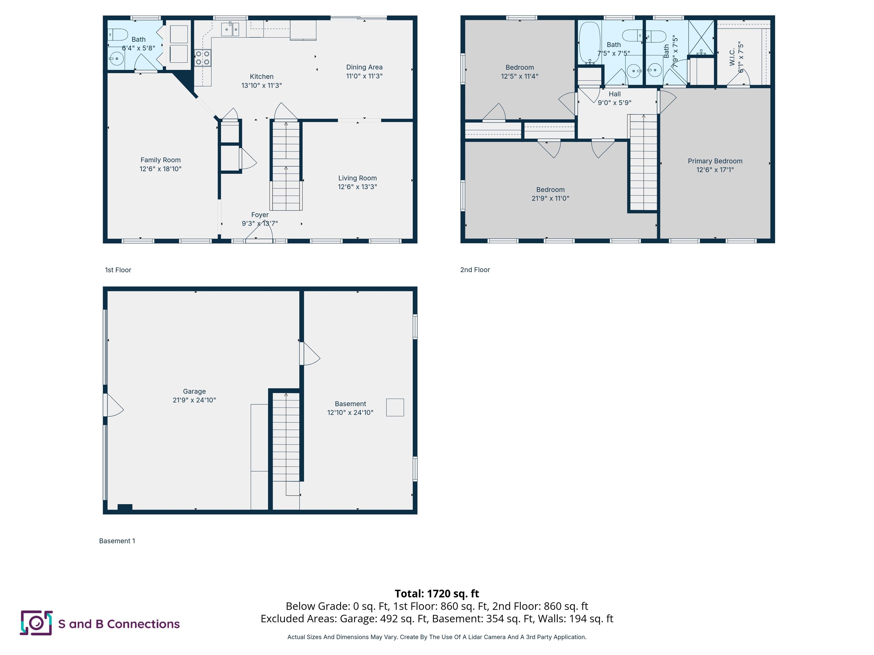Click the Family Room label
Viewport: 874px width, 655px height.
(x=160, y=160)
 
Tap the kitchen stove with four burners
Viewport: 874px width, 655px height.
(x=203, y=58)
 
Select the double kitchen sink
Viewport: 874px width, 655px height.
(x=230, y=29)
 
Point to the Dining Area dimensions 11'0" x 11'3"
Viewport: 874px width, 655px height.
(x=364, y=76)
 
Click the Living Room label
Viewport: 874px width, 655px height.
(x=357, y=178)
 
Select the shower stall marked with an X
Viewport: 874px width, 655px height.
(x=701, y=38)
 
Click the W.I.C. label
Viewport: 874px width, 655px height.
(x=732, y=57)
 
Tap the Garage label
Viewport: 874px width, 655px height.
(x=194, y=391)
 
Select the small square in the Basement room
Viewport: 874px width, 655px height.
(x=395, y=407)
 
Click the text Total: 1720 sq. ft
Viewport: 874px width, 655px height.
(x=437, y=593)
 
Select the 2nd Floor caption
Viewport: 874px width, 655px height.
(x=475, y=270)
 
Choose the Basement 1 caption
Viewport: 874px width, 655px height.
(x=117, y=541)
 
